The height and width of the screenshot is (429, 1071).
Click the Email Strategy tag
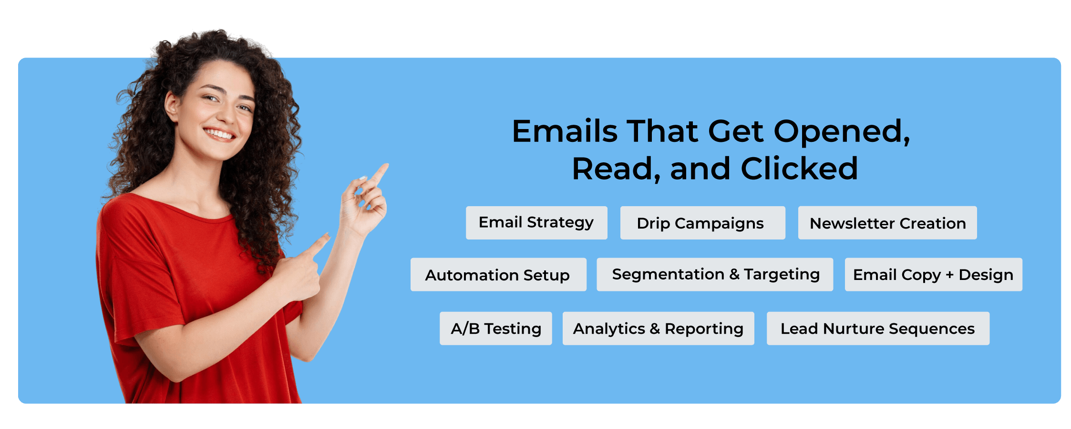pyautogui.click(x=536, y=222)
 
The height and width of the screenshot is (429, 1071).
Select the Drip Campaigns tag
pyautogui.click(x=702, y=222)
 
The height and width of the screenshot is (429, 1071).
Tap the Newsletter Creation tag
pyautogui.click(x=887, y=222)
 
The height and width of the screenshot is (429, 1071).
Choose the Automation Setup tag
pyautogui.click(x=498, y=274)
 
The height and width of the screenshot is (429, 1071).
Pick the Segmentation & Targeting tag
pyautogui.click(x=715, y=274)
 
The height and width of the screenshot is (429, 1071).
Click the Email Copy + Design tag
pyautogui.click(x=933, y=274)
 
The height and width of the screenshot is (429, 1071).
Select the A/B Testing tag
pyautogui.click(x=496, y=328)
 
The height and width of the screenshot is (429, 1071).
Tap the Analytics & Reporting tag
pyautogui.click(x=658, y=328)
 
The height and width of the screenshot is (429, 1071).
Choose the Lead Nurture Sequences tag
pyautogui.click(x=878, y=328)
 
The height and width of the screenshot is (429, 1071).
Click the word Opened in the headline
pyautogui.click(x=842, y=132)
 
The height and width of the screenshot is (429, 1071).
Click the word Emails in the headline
pyautogui.click(x=565, y=131)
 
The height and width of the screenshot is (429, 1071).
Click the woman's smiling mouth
pyautogui.click(x=220, y=134)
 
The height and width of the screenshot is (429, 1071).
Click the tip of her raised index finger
pyautogui.click(x=386, y=165)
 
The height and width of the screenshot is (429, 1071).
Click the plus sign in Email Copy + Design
pyautogui.click(x=949, y=275)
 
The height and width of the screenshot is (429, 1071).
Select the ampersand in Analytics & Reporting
pyautogui.click(x=655, y=329)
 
